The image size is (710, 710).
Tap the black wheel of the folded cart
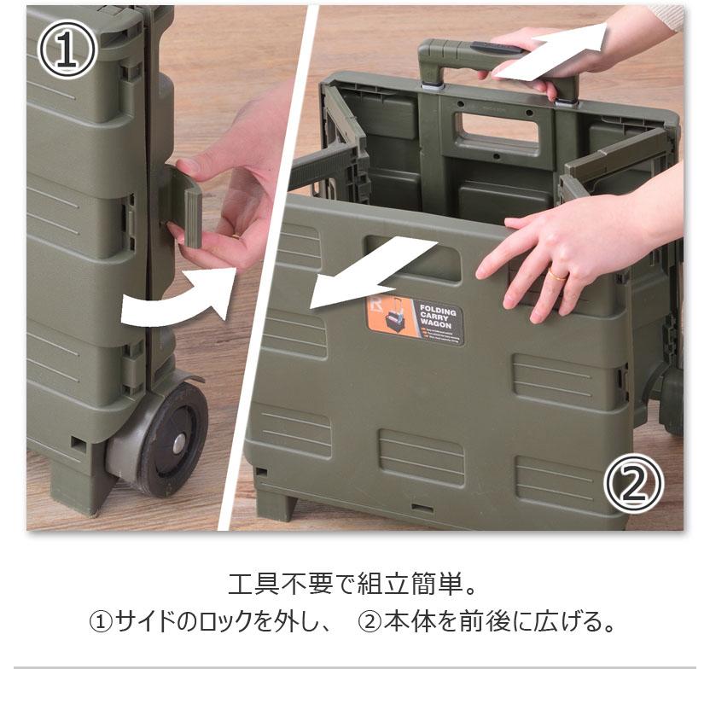171,439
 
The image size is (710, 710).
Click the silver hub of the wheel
178,443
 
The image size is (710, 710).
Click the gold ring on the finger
556,274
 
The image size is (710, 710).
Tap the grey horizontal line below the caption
354,667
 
